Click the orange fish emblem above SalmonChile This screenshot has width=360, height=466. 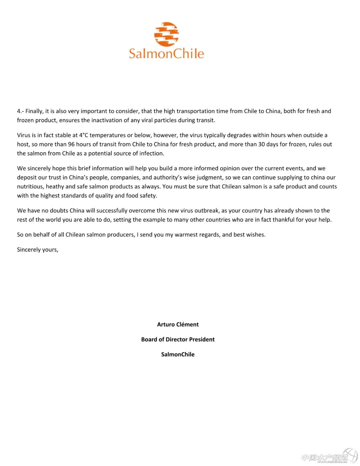tap(166, 34)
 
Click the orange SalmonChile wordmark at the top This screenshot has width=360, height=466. tap(166, 54)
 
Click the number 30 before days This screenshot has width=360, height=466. tap(262, 144)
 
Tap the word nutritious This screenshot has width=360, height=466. tap(30, 186)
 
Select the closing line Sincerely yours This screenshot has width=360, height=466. tap(38, 250)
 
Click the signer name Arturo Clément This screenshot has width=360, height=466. tap(178, 324)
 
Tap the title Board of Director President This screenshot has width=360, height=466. tap(178, 339)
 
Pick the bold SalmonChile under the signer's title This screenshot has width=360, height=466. tap(178, 354)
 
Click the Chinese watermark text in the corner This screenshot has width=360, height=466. tap(324, 457)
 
